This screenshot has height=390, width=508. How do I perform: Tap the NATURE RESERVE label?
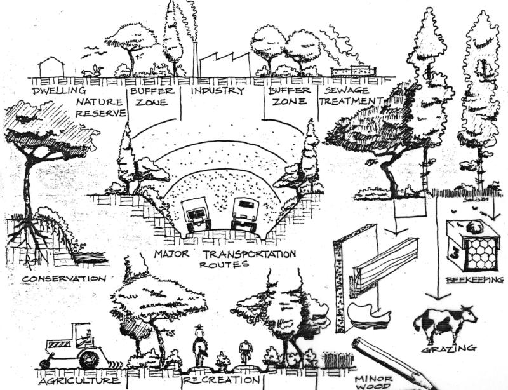click(x=100, y=107)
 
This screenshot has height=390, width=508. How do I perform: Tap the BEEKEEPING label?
click(x=474, y=279)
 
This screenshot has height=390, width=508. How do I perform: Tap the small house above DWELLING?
click(x=51, y=67)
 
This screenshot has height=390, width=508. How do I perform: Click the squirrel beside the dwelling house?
click(x=94, y=71)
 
